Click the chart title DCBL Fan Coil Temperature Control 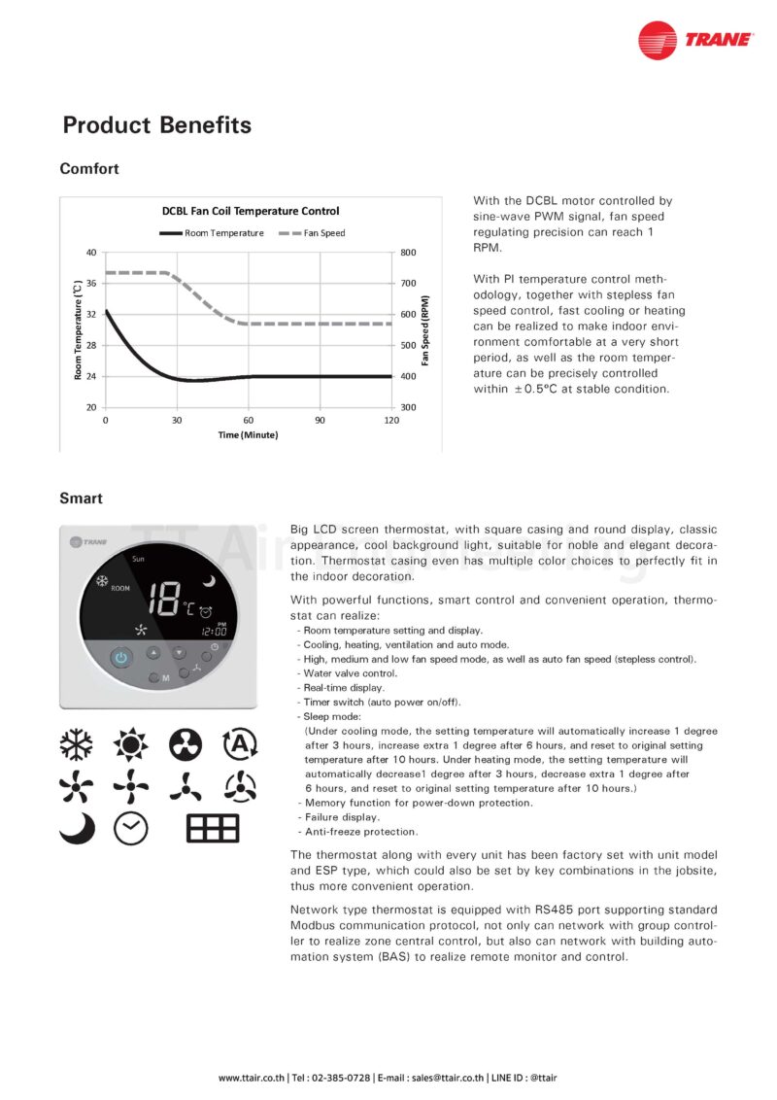[250, 210]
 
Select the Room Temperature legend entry [212, 233]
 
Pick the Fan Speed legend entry [312, 233]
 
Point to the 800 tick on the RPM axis [408, 253]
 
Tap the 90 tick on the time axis [320, 420]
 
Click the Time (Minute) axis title [248, 434]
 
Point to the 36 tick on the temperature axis [91, 284]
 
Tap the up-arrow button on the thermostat [153, 653]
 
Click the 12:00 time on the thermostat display [215, 631]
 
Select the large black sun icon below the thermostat [129, 746]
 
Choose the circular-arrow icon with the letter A [239, 745]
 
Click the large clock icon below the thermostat [131, 827]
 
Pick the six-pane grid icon [213, 827]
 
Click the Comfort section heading [89, 169]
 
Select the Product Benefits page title [156, 125]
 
